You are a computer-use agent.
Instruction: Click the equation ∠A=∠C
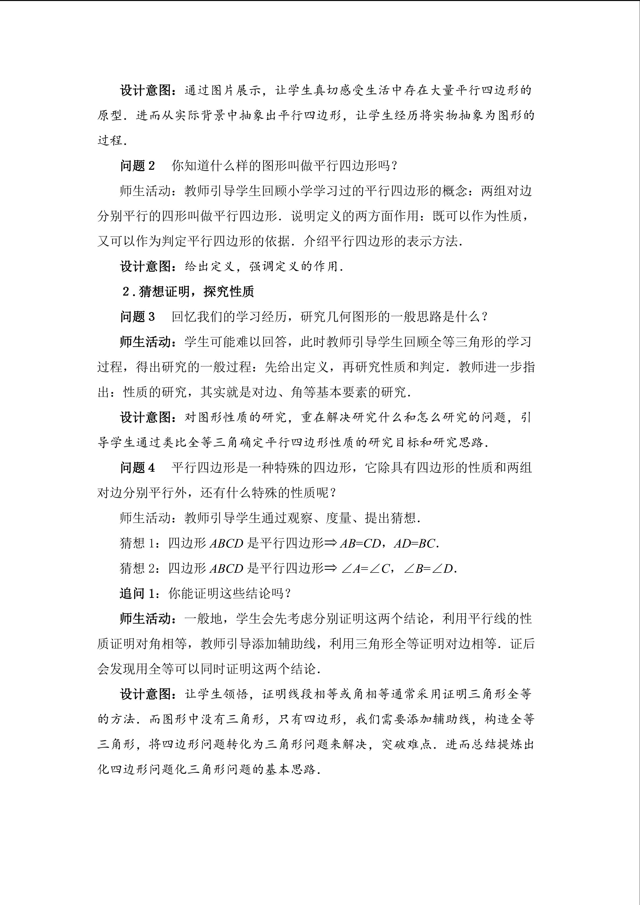pyautogui.click(x=365, y=569)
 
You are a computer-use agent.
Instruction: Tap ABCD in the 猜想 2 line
pyautogui.click(x=227, y=569)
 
